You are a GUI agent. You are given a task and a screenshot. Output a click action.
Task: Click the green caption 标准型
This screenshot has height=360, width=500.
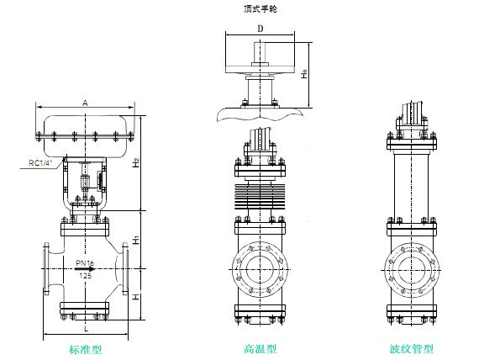pyautogui.click(x=86, y=349)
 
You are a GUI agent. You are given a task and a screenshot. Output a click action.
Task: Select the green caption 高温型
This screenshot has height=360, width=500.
pyautogui.click(x=260, y=349)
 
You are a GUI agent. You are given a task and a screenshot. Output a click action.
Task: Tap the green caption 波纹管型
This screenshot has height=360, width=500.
pyautogui.click(x=412, y=349)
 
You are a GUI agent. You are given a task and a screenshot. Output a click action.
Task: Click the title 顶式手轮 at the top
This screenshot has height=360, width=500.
pyautogui.click(x=261, y=9)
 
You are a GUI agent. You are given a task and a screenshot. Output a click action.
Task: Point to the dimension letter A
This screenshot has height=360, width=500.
pyautogui.click(x=85, y=103)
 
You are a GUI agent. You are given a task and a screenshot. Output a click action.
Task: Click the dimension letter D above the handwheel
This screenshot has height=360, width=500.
pyautogui.click(x=261, y=29)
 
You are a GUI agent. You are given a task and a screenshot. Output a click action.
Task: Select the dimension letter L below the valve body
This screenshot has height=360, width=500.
pyautogui.click(x=86, y=329)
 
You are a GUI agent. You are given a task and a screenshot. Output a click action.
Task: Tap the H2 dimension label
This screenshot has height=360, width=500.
pyautogui.click(x=136, y=163)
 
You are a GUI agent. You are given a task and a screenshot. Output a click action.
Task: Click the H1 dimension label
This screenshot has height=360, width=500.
pyautogui.click(x=136, y=240)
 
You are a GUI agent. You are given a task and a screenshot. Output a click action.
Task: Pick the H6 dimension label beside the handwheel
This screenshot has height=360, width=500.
pyautogui.click(x=305, y=74)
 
